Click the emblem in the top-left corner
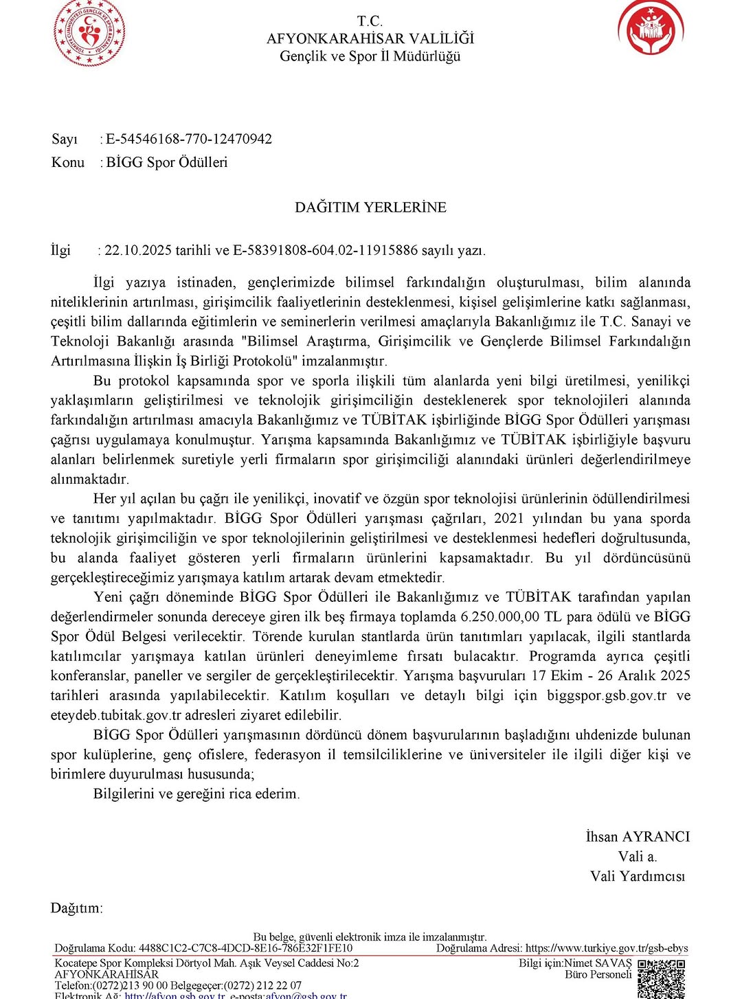tap(89, 32)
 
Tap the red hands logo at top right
tap(650, 28)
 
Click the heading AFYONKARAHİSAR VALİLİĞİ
tap(370, 38)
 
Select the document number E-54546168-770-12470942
tap(189, 139)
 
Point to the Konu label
tap(68, 163)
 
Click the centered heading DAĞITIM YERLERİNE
tap(370, 207)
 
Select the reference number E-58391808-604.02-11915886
tap(326, 250)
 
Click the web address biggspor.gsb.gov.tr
tap(607, 696)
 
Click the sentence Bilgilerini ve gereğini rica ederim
tap(196, 794)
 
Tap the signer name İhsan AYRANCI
tap(638, 837)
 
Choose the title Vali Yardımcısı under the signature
tap(638, 877)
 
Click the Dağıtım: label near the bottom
tap(76, 908)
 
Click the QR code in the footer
tap(661, 978)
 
